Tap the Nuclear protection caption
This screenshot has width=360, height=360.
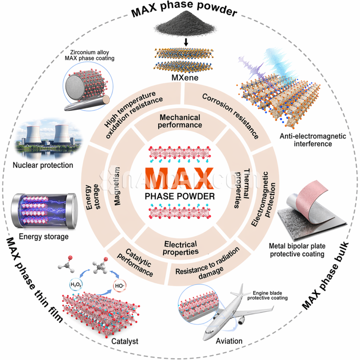pos(43,165)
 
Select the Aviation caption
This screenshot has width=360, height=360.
pos(229,341)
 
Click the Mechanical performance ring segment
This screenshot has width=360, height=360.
pos(180,121)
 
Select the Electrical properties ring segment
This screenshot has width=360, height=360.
pos(180,247)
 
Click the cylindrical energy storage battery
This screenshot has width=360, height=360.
pos(44,211)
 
